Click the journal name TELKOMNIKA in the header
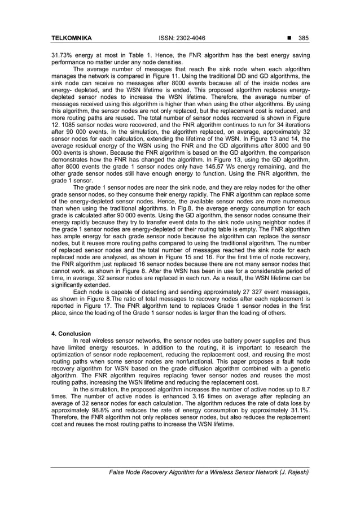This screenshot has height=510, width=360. [x=71, y=38]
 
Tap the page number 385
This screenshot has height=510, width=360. [x=304, y=38]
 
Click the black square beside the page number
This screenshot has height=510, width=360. [x=290, y=38]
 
